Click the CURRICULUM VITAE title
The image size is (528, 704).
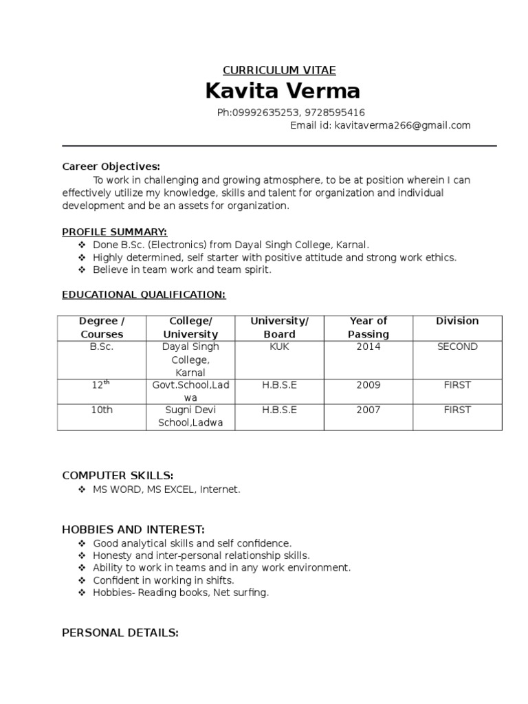click(x=279, y=70)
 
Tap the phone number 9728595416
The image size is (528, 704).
click(x=333, y=112)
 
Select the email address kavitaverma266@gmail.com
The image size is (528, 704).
click(x=402, y=125)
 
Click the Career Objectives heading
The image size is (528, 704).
click(x=111, y=166)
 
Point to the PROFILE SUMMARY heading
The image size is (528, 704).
click(x=115, y=232)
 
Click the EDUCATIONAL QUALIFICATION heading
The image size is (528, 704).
click(x=144, y=294)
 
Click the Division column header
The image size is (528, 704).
click(x=457, y=321)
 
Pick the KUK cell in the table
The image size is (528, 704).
click(x=280, y=347)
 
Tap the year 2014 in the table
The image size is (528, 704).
click(x=368, y=347)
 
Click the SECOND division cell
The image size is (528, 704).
click(x=457, y=347)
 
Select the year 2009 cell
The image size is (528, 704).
click(x=368, y=385)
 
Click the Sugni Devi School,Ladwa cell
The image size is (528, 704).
click(x=190, y=417)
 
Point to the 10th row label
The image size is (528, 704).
click(x=102, y=410)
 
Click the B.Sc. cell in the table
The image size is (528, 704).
click(x=102, y=347)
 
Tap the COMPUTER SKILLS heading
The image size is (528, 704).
click(x=118, y=476)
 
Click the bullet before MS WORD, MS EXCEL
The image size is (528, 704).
click(x=82, y=489)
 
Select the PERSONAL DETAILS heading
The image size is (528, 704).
click(x=120, y=632)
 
